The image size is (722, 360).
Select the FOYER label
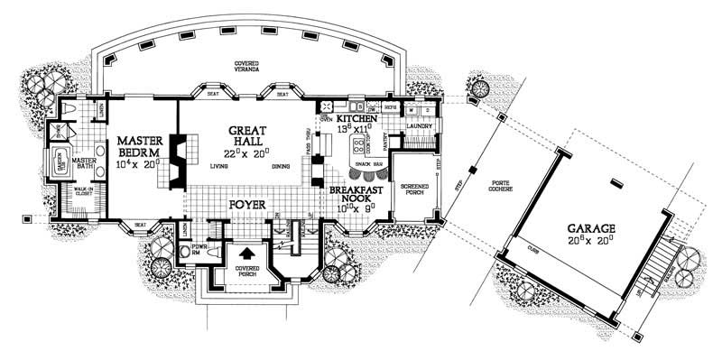246,206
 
